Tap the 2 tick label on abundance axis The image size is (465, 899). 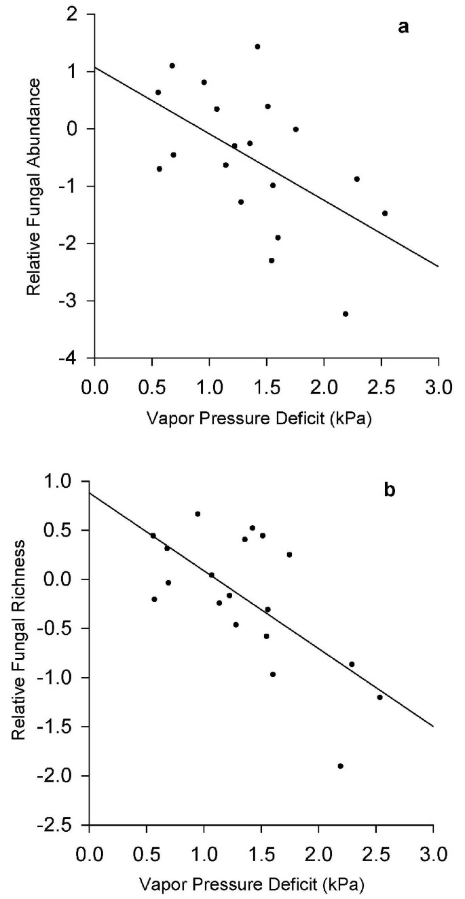point(81,14)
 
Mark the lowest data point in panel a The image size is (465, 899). point(346,313)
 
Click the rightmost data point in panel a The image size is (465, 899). point(384,213)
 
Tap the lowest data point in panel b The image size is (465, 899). point(340,766)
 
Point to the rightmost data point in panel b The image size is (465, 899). point(379,697)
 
